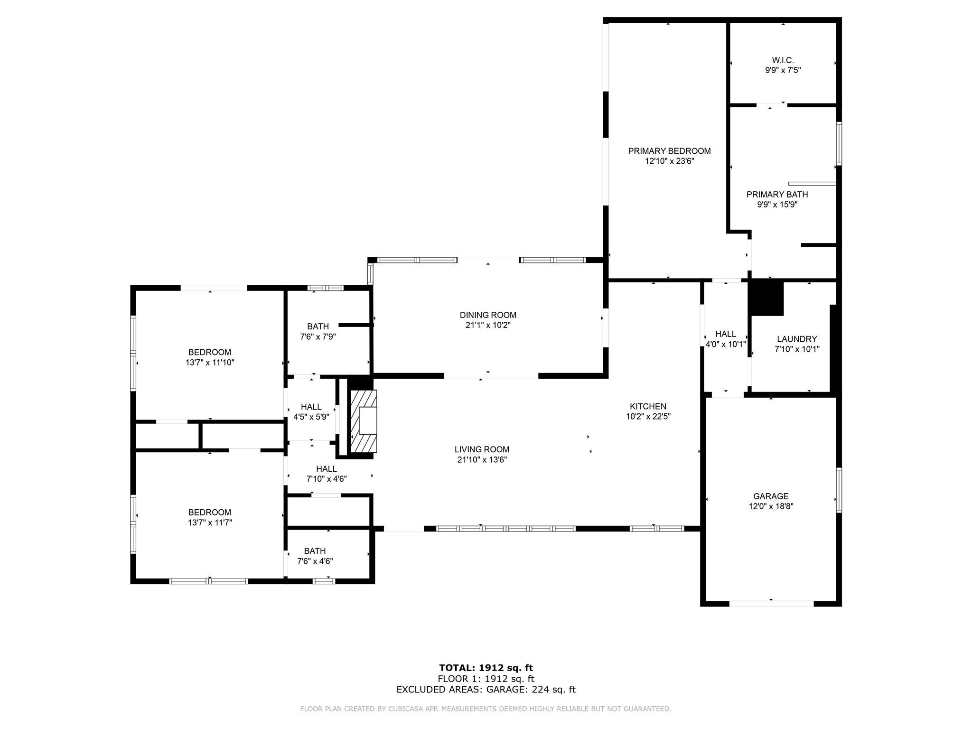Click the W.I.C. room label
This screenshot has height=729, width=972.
[783, 60]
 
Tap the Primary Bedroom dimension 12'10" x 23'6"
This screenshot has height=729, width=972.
[669, 161]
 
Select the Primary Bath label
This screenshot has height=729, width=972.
[777, 195]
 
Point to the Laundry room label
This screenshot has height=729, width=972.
[797, 339]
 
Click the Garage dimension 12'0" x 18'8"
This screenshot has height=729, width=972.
[771, 506]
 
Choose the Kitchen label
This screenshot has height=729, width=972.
[648, 406]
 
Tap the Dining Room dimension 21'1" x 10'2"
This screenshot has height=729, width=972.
[488, 325]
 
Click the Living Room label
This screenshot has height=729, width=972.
[482, 449]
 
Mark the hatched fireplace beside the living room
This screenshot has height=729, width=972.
[364, 421]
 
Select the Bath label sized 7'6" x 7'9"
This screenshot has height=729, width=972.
[318, 327]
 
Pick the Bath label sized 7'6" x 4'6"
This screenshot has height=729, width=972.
[315, 551]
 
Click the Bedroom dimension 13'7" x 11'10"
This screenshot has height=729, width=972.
[210, 363]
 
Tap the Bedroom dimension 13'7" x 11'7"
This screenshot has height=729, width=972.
[210, 523]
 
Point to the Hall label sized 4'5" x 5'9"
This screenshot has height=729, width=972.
[311, 407]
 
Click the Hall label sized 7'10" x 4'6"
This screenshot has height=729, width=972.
[327, 469]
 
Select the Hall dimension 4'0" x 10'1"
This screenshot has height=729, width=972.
[726, 345]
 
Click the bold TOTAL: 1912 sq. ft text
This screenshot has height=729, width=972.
[486, 668]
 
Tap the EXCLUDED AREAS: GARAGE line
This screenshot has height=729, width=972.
[486, 690]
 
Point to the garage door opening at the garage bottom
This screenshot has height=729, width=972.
[771, 604]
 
